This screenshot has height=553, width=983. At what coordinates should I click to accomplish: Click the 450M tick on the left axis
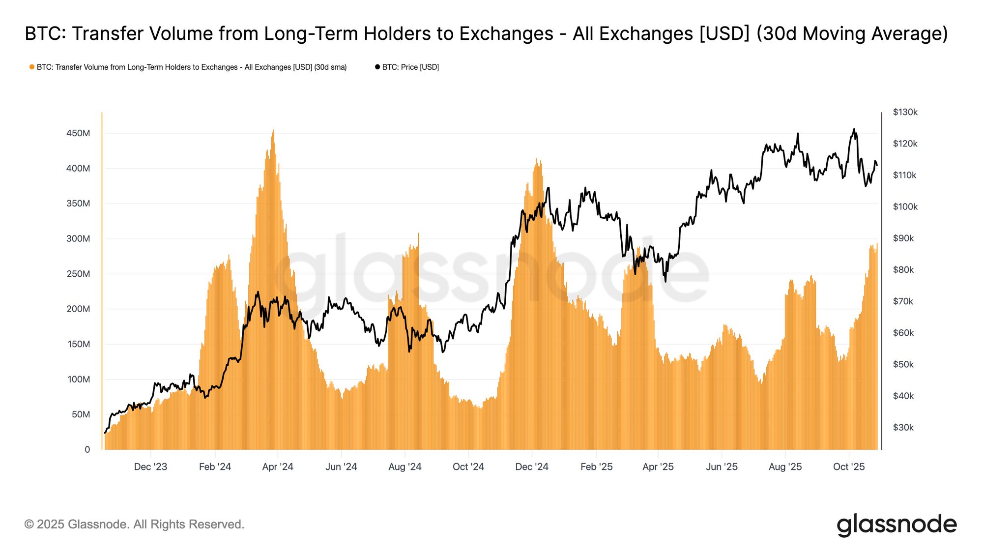coord(78,133)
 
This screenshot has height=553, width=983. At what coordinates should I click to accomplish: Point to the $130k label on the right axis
coord(905,112)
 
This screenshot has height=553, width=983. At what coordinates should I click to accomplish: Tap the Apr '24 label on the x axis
coord(278,466)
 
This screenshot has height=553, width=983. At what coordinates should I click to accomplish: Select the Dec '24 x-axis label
coord(532,466)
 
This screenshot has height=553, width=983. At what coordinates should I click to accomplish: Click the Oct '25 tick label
coord(849,466)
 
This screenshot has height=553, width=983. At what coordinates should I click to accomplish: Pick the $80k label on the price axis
coord(903,270)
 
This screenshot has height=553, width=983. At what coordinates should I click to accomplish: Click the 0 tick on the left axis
coord(87,449)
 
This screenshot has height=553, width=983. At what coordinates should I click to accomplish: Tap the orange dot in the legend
coord(32,67)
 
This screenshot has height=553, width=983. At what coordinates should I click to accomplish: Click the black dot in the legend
coord(377,67)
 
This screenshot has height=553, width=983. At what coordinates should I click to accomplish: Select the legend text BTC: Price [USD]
coord(410,67)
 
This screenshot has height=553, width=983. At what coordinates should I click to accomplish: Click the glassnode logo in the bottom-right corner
coord(896,524)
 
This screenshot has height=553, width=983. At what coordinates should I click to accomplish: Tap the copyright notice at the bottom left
coord(134,524)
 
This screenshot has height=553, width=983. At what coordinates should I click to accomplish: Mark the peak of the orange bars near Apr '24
coord(273,130)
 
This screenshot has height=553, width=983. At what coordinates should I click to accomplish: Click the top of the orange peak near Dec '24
coord(536,159)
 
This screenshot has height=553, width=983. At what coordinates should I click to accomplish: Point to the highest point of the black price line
coord(854,129)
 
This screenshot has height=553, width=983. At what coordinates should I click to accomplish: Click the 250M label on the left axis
coord(78,274)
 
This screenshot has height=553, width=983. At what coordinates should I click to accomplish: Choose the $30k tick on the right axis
coord(903,427)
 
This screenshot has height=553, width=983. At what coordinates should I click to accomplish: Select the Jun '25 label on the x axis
coord(722,466)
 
